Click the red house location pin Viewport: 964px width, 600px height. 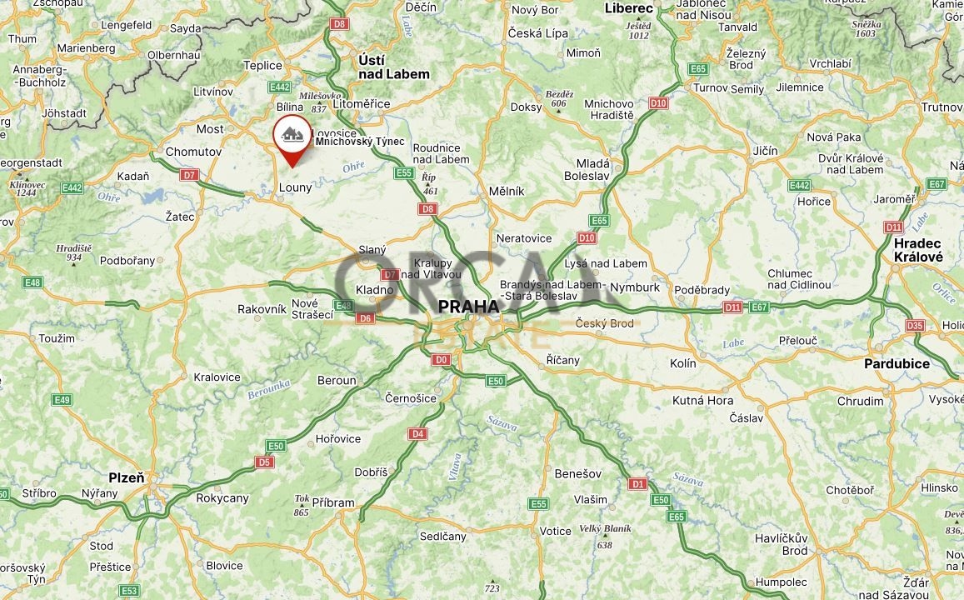pos(292,134)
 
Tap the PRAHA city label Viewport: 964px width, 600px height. pos(468,306)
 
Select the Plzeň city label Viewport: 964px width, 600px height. pos(126,477)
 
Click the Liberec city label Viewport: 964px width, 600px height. pos(629,7)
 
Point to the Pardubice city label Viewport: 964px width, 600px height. pos(897,363)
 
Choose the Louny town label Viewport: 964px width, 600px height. pos(295,187)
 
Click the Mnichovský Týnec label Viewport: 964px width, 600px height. pos(359,142)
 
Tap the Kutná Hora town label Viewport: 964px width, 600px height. pos(702,400)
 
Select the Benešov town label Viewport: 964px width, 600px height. pos(577,473)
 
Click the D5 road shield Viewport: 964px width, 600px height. pos(265,462)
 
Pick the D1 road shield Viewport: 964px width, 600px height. pos(638,483)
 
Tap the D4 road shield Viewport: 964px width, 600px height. pos(417,433)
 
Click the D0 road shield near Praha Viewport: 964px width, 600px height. pos(441,360)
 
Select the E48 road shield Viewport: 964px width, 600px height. pos(32,282)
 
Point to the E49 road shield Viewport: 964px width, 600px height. pos(62,400)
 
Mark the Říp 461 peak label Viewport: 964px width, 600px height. pos(429,183)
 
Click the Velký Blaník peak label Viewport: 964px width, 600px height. pos(605,534)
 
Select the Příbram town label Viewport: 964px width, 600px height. pos(332,502)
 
